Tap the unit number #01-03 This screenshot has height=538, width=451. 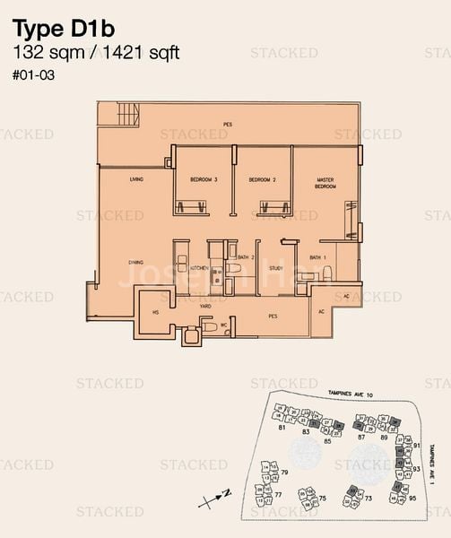click(33, 76)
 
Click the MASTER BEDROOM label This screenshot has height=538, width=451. click(325, 183)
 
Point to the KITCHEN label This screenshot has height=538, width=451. click(199, 268)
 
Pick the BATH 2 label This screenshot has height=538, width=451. click(247, 258)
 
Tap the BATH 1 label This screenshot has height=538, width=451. click(317, 258)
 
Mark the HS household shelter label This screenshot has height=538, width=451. click(155, 312)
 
